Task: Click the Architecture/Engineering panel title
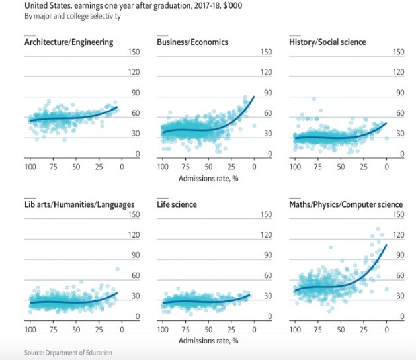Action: [x=69, y=42]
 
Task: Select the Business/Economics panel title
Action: [x=192, y=42]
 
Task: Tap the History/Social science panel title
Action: [x=328, y=42]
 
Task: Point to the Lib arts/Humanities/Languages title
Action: [x=79, y=204]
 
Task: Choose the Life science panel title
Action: [x=177, y=204]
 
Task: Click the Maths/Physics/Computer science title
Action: [x=347, y=204]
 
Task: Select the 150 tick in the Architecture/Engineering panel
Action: [x=134, y=52]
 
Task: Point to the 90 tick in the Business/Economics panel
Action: [x=267, y=93]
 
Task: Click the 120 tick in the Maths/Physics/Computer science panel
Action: [x=399, y=235]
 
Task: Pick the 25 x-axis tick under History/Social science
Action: [x=364, y=167]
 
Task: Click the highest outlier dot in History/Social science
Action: [x=314, y=99]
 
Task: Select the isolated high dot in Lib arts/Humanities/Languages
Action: [x=118, y=269]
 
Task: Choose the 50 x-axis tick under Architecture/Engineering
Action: [x=76, y=167]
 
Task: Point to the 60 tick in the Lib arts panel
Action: [x=135, y=276]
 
